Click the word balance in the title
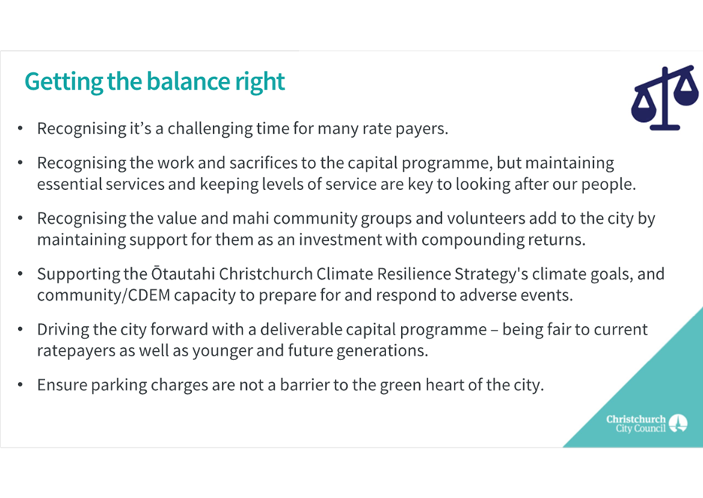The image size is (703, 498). pos(188,81)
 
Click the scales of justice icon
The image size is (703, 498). pos(665,98)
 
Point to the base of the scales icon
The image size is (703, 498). pos(665,127)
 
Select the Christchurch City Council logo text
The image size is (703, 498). pos(636,423)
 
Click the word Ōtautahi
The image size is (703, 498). pos(183,273)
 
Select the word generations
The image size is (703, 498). pos(382,351)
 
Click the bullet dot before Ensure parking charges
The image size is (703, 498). pos(20,385)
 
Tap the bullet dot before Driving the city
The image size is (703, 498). pos(20,330)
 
